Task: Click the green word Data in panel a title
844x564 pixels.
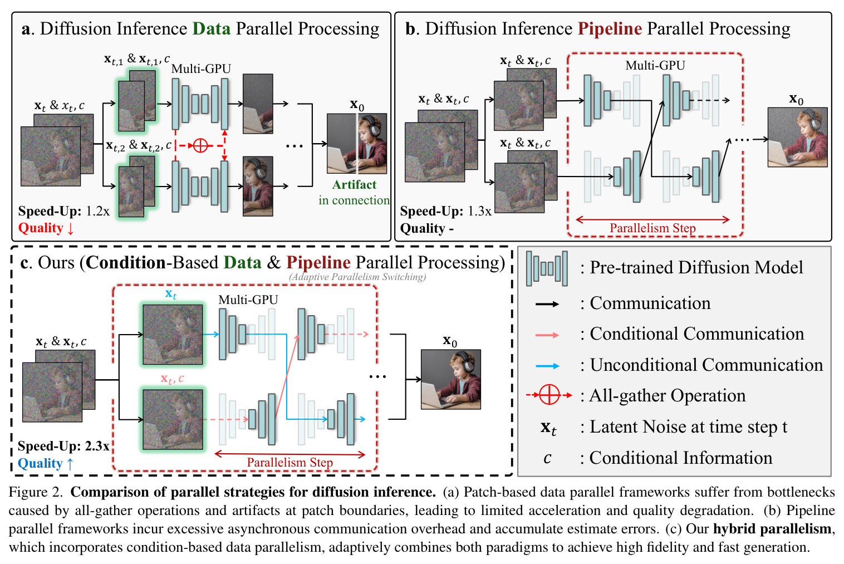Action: coord(212,28)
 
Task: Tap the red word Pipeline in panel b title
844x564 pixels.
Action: coord(610,29)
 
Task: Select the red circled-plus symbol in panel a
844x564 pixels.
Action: coord(200,145)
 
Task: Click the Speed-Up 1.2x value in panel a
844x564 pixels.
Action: coord(97,211)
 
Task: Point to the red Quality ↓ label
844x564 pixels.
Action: coord(46,228)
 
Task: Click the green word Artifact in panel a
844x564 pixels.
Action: coord(354,185)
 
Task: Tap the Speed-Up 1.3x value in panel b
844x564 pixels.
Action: coord(479,211)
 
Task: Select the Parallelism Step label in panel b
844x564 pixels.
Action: coord(652,228)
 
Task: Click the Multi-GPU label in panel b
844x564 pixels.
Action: coord(655,66)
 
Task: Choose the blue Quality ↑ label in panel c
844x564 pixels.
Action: coord(46,463)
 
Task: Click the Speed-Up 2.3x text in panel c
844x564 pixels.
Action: coord(63,446)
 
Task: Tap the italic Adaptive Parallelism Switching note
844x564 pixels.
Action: coord(357,277)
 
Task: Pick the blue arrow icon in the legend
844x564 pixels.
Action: coord(547,366)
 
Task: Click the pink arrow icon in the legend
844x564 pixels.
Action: coord(547,335)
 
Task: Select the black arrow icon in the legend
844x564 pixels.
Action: coord(547,304)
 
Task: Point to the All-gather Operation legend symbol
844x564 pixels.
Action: coord(549,395)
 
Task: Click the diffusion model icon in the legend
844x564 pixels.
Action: coord(547,268)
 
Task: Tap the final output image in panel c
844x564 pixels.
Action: coord(450,379)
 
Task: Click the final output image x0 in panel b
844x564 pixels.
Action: coord(798,137)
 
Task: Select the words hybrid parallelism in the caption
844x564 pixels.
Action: coord(772,529)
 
